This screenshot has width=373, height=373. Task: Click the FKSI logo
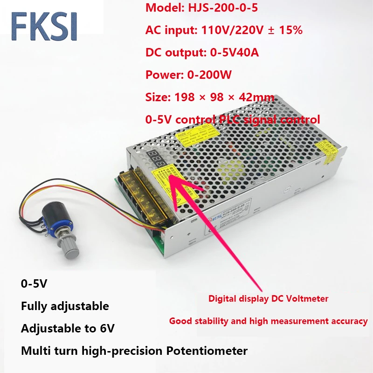click(44, 27)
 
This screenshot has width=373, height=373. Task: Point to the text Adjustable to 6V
click(68, 328)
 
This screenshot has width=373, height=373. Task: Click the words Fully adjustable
click(65, 306)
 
